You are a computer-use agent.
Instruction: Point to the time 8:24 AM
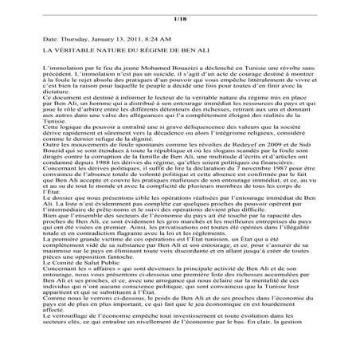click(x=162, y=38)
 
